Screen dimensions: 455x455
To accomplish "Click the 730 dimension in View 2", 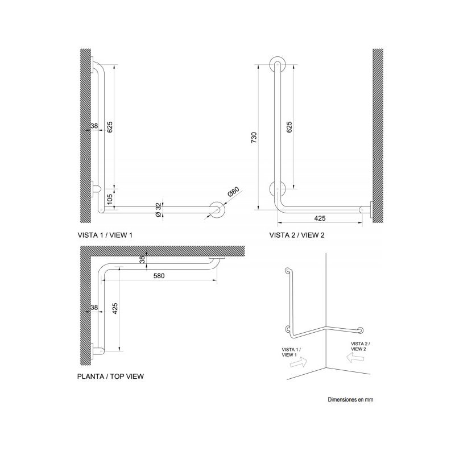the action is pyautogui.click(x=254, y=138).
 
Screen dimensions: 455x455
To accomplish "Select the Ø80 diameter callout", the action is pyautogui.click(x=233, y=192).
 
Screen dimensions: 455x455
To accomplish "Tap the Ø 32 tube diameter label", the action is pyautogui.click(x=158, y=209).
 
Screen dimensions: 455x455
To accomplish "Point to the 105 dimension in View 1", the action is pyautogui.click(x=110, y=199).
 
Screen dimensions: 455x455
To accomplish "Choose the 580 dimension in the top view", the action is pyautogui.click(x=159, y=276).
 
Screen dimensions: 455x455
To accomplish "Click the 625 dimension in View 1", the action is pyautogui.click(x=110, y=127).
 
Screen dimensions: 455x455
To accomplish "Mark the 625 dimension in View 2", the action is pyautogui.click(x=289, y=127).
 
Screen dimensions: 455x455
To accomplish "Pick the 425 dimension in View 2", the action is pyautogui.click(x=320, y=218).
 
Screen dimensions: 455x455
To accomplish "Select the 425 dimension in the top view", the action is pyautogui.click(x=115, y=309).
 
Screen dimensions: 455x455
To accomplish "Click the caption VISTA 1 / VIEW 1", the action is pyautogui.click(x=105, y=235).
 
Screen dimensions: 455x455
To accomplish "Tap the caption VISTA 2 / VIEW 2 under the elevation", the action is pyautogui.click(x=297, y=235).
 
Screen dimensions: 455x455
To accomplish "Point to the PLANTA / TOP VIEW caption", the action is pyautogui.click(x=110, y=377).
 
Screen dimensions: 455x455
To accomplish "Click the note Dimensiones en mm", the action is pyautogui.click(x=350, y=400).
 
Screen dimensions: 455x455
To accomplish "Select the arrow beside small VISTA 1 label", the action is pyautogui.click(x=299, y=362).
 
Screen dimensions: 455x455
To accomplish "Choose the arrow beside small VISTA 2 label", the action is pyautogui.click(x=355, y=358).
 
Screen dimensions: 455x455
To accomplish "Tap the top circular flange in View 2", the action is pyautogui.click(x=278, y=64).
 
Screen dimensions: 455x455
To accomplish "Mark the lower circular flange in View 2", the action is pyautogui.click(x=278, y=189).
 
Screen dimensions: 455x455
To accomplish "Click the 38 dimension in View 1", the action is pyautogui.click(x=94, y=126).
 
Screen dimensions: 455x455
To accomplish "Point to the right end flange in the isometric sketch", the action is pyautogui.click(x=361, y=330).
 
